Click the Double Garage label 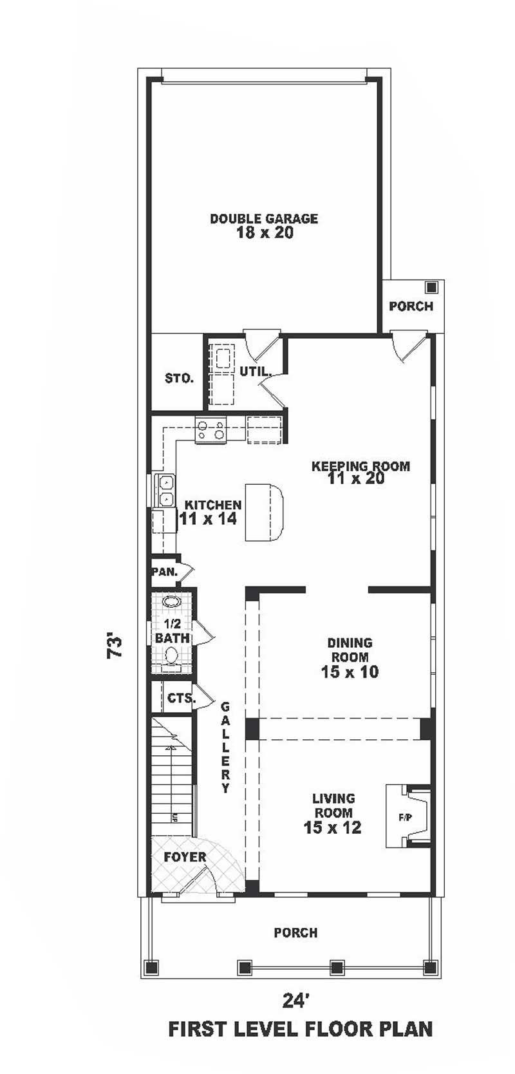coord(264,218)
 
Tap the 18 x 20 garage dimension coord(264,233)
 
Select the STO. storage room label coord(179,379)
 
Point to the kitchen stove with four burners coord(211,429)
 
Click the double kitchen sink coord(166,490)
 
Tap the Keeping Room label coord(360,466)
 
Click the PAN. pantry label coord(165,571)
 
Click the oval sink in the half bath coord(172,603)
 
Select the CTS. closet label coord(180,698)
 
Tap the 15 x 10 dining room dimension coord(350,672)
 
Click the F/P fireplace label coord(405,818)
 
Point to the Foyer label coord(185,857)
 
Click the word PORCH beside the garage coord(411,306)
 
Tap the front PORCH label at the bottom coord(295,932)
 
